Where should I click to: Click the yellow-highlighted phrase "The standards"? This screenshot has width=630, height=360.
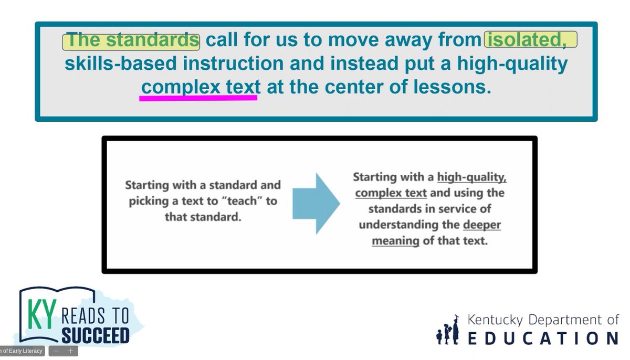[x=131, y=40]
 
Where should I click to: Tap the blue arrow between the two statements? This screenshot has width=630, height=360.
[x=316, y=203]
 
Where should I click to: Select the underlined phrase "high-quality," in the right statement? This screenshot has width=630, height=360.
[x=471, y=177]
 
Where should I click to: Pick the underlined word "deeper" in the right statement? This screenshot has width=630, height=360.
[x=482, y=225]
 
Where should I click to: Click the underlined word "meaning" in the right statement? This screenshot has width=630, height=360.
[x=395, y=241]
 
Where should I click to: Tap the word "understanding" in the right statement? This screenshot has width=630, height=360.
[x=408, y=225]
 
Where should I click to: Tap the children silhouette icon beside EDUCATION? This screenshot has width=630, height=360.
[x=447, y=331]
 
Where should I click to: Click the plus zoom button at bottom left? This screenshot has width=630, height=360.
[x=70, y=351]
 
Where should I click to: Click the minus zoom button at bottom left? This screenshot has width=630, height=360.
[x=57, y=351]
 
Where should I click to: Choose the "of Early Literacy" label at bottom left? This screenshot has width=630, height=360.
[x=22, y=351]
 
